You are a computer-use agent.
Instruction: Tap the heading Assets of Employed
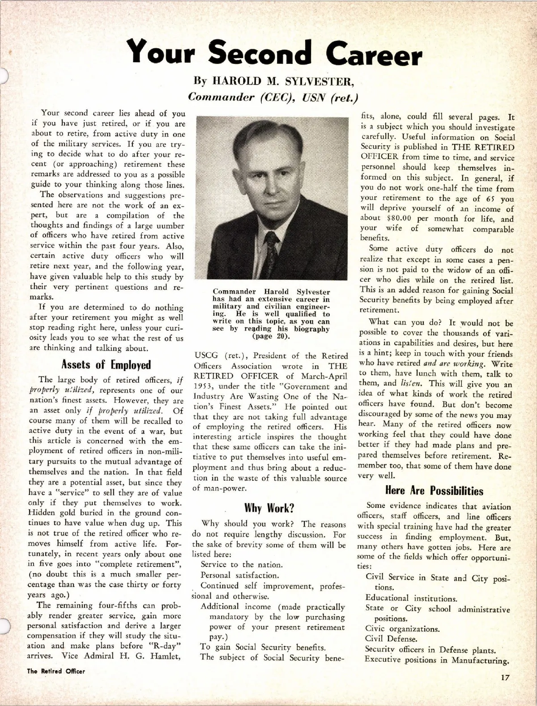(x=106, y=365)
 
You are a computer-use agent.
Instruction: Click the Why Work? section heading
(x=269, y=508)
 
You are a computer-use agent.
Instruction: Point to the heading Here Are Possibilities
(x=434, y=490)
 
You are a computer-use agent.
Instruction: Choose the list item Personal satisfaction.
(x=239, y=575)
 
